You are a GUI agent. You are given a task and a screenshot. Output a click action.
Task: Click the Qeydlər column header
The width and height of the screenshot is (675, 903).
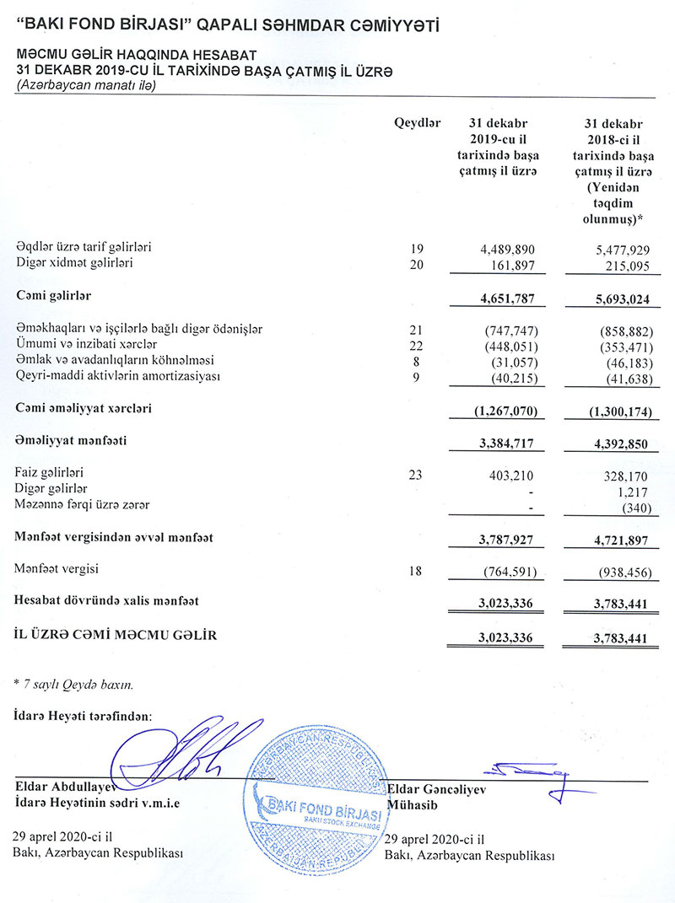click(418, 123)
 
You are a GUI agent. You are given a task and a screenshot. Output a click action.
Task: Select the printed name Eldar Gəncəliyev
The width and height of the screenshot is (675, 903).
click(434, 789)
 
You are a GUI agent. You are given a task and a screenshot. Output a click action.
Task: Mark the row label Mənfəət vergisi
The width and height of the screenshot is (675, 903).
click(57, 569)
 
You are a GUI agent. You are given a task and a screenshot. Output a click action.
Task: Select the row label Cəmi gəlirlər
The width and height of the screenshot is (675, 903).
click(53, 296)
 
